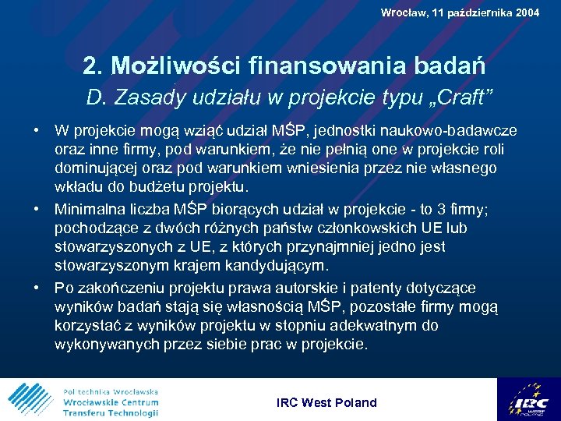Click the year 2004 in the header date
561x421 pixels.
(x=526, y=12)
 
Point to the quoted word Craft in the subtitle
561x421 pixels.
(x=465, y=97)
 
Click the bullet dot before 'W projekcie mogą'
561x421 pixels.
(x=37, y=130)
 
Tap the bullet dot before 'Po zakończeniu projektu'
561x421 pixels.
(x=37, y=288)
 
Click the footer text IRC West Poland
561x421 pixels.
(x=326, y=403)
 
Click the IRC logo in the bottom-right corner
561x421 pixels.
(x=527, y=400)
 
